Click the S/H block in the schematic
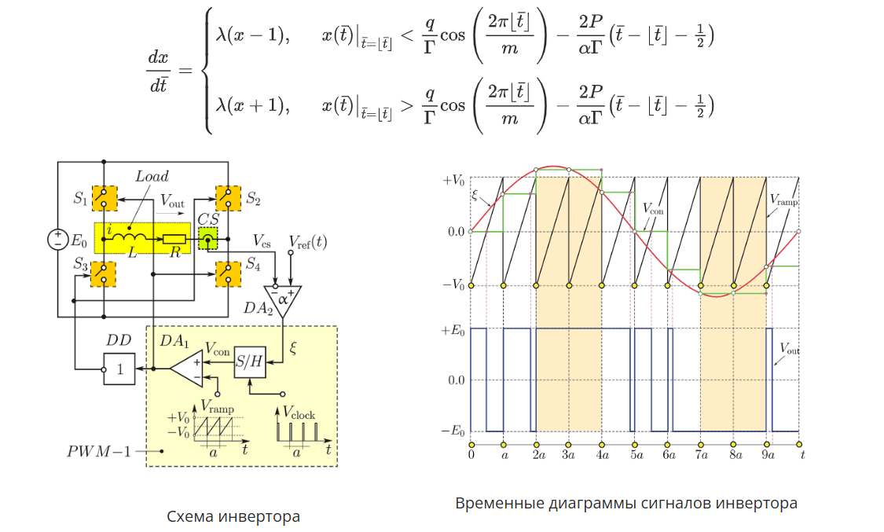[250, 361]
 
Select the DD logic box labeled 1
[119, 367]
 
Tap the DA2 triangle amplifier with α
[283, 299]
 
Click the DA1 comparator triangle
[187, 366]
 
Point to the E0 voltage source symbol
[58, 239]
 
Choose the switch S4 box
[228, 273]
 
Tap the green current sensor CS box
[208, 239]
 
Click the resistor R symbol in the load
[174, 239]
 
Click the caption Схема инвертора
[233, 516]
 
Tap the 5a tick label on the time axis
[635, 454]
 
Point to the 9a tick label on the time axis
[767, 454]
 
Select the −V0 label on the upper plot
[453, 284]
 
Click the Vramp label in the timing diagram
[783, 200]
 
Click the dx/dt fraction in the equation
[159, 72]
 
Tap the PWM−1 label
[98, 451]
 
